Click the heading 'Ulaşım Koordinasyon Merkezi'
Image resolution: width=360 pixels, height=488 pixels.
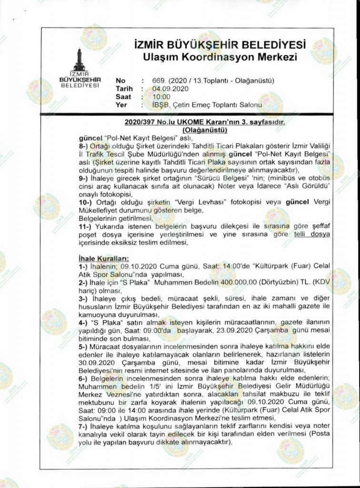(x=220, y=58)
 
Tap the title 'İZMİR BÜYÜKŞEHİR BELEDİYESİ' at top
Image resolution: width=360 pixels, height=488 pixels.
(x=220, y=46)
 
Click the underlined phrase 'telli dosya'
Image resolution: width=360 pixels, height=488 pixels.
(x=312, y=234)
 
